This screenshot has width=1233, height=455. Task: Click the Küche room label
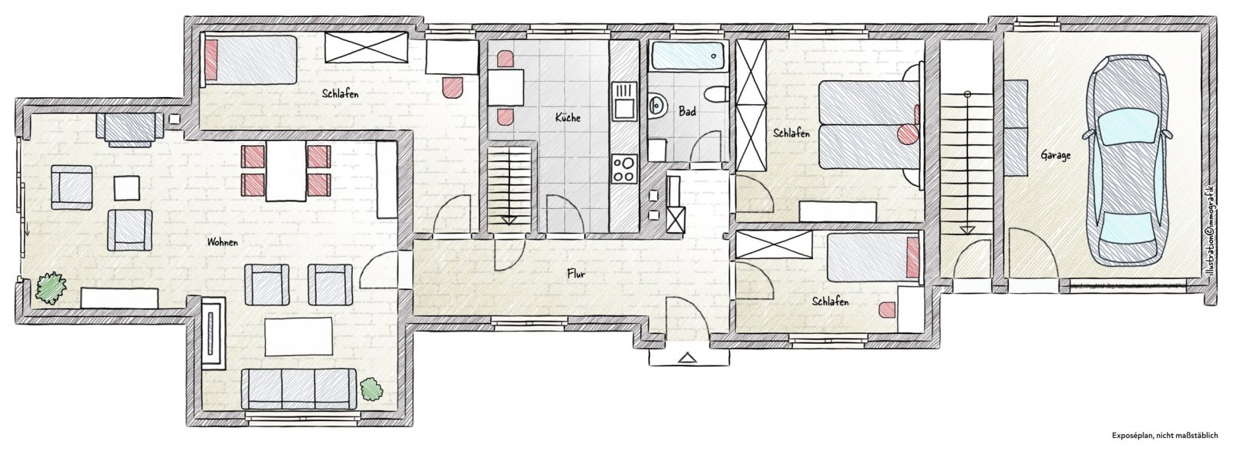567,117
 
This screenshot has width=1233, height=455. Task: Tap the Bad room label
687,111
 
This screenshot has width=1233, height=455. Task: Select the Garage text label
1055,155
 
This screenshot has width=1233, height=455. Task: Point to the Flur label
576,273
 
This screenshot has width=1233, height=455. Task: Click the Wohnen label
223,242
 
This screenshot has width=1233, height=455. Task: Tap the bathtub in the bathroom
688,56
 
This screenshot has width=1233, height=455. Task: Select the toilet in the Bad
717,95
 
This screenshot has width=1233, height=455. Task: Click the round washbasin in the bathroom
656,104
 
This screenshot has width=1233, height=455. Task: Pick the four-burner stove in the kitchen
624,169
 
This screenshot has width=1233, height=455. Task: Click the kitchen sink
624,101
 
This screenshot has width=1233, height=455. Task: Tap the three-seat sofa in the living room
298,388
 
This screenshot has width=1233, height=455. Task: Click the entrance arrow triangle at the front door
687,359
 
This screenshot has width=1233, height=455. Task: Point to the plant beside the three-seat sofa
372,389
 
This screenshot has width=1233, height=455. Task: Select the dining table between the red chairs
286,170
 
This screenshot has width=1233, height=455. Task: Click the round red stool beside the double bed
906,133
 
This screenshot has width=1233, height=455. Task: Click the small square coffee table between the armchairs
127,187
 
